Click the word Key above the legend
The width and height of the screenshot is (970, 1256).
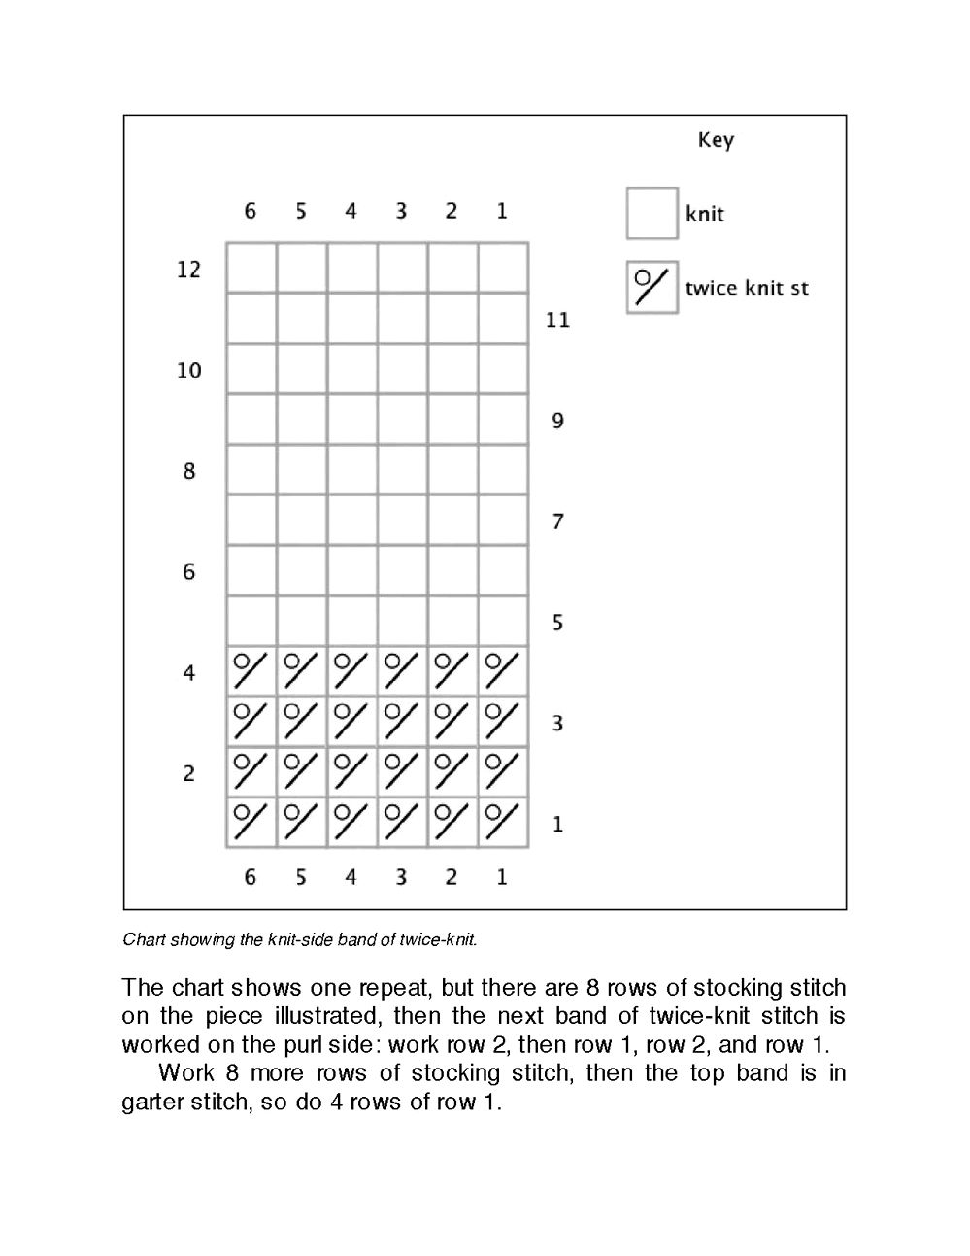(x=716, y=140)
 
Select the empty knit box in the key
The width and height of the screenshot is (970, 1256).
(x=652, y=213)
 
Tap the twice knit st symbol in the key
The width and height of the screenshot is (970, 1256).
(x=652, y=288)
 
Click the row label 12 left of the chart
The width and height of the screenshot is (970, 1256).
(x=188, y=269)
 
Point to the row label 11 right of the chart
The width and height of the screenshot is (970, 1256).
(x=557, y=320)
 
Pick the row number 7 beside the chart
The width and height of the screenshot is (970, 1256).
(x=557, y=522)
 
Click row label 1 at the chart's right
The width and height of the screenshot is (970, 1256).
(x=557, y=824)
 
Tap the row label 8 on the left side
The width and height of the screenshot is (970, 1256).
(x=188, y=471)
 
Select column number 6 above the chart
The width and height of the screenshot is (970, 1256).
(x=251, y=211)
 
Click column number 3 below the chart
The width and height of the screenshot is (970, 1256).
(x=401, y=877)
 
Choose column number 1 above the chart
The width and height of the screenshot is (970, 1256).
(x=502, y=211)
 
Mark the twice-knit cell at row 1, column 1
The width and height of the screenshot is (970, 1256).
(x=503, y=822)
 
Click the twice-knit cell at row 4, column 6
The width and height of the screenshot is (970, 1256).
(x=251, y=670)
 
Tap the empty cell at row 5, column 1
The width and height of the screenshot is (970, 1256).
(x=503, y=621)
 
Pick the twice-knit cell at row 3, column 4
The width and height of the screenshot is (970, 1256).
(x=351, y=721)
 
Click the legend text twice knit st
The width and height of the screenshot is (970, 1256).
(x=746, y=289)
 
